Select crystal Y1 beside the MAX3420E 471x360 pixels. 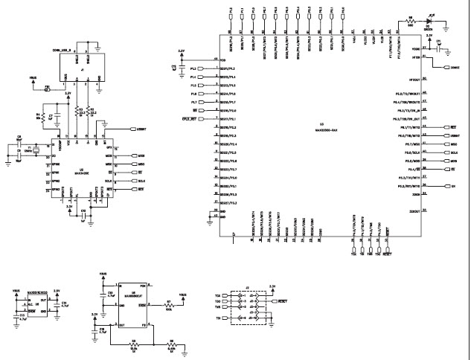[x=29, y=148]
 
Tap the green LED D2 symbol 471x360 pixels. [x=429, y=24]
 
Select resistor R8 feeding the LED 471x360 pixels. [x=411, y=24]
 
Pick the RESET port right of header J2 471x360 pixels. [x=281, y=302]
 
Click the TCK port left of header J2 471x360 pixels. [x=219, y=296]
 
